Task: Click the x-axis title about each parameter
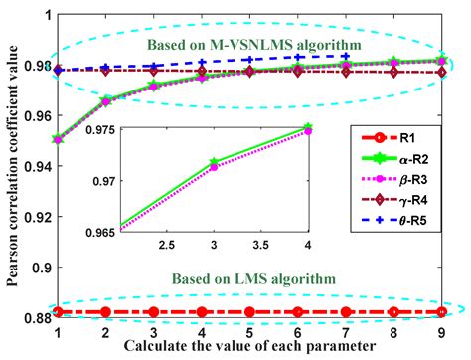coord(249,347)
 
